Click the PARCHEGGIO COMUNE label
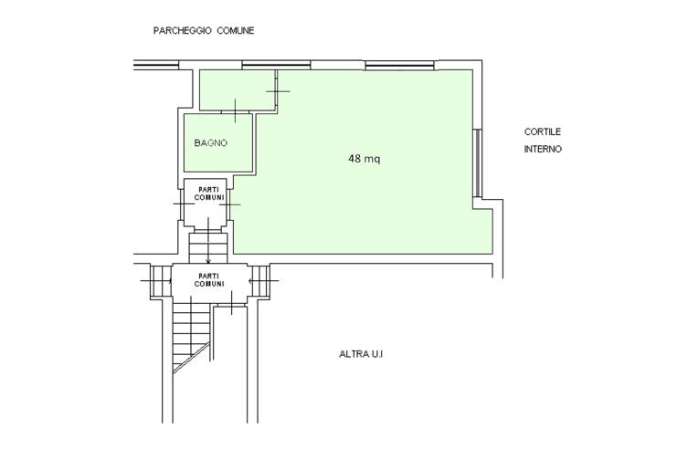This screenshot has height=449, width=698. [x=204, y=31]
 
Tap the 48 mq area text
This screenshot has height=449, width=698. [x=365, y=159]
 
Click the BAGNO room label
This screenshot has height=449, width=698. [x=210, y=143]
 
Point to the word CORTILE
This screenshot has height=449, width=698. [x=542, y=131]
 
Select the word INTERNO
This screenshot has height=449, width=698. [x=543, y=149]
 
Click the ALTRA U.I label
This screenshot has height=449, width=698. [x=361, y=354]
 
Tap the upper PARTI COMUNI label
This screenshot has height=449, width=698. [x=209, y=193]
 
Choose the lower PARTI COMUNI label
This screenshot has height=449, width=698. [x=209, y=280]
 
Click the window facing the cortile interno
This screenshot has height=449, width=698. [x=477, y=162]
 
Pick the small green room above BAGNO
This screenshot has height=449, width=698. [x=237, y=89]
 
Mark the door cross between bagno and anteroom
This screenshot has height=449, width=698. [x=235, y=110]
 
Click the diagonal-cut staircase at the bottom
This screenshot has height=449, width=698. [x=192, y=337]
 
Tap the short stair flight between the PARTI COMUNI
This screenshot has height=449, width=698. [x=208, y=247]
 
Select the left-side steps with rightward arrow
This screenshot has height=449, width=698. [x=161, y=281]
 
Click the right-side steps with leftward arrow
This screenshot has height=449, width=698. [x=260, y=281]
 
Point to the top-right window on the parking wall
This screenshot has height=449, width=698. [x=399, y=66]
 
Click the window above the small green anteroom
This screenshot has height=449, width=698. [x=276, y=66]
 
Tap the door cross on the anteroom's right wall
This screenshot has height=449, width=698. [x=278, y=91]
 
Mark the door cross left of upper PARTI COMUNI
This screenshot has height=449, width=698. [x=184, y=204]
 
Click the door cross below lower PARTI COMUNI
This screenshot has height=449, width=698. [x=231, y=303]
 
